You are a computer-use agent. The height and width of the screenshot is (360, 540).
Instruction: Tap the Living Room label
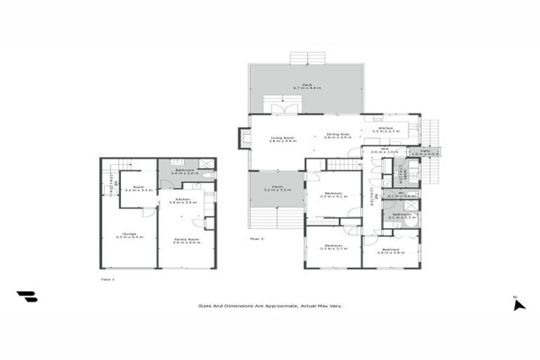[x=282, y=139]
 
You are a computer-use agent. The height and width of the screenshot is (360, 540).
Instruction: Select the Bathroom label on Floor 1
[x=185, y=171]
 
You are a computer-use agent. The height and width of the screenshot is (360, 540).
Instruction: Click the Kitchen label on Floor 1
[x=186, y=200]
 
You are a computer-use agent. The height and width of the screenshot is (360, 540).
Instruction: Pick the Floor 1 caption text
[x=108, y=278]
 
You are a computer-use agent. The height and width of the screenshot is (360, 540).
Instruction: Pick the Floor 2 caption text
[x=257, y=239]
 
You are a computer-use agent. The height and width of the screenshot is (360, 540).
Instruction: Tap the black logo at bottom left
[x=27, y=297]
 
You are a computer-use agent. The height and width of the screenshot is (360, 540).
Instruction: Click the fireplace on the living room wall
[x=243, y=138]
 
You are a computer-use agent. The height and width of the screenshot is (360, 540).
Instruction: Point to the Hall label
[x=385, y=150]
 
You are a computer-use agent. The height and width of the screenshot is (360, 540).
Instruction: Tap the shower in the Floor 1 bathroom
[x=207, y=164]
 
